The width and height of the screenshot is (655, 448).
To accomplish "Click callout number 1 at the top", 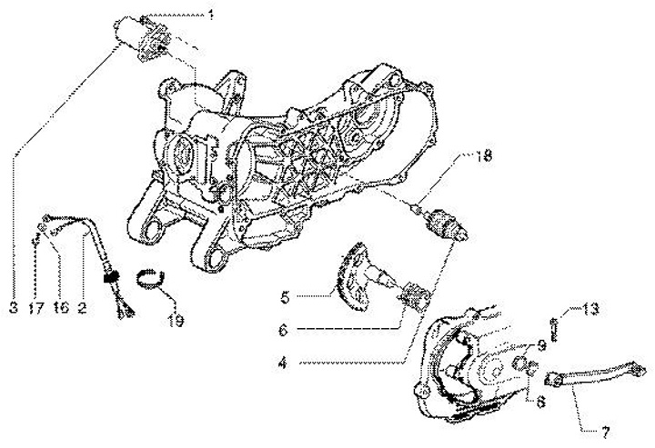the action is (x=210, y=15).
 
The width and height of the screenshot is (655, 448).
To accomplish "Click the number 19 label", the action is (x=174, y=320).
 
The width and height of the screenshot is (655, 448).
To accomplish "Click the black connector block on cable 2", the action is (x=114, y=278).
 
